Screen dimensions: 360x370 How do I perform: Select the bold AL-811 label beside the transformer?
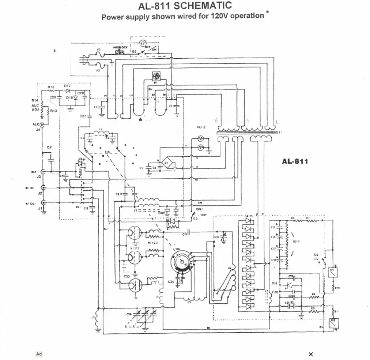pyautogui.click(x=295, y=161)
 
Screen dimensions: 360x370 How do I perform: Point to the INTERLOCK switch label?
pyautogui.click(x=120, y=47)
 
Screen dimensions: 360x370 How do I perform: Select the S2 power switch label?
pyautogui.click(x=134, y=51)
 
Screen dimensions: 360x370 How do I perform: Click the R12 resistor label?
pyautogui.click(x=51, y=87)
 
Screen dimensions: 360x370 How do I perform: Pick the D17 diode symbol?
pyautogui.click(x=68, y=91)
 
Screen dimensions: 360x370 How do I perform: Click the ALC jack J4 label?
pyautogui.click(x=38, y=130)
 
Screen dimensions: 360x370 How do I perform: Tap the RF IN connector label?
pyautogui.click(x=29, y=188)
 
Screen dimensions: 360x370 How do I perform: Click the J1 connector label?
pyautogui.click(x=40, y=208)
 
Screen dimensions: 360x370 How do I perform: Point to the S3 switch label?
pyautogui.click(x=195, y=219)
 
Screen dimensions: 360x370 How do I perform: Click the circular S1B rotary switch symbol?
pyautogui.click(x=182, y=262)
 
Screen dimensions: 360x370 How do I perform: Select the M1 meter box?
pyautogui.click(x=332, y=272)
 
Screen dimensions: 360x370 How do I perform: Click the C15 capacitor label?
pyautogui.click(x=273, y=228)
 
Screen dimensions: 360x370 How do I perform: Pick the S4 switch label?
pyautogui.click(x=315, y=255)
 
